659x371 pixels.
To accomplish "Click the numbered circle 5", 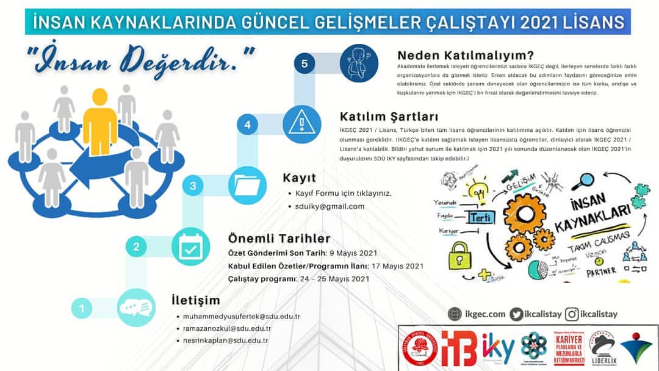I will (x=304, y=63).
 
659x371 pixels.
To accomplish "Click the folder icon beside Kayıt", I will (x=247, y=185).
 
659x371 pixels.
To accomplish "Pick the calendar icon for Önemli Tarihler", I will (x=191, y=246).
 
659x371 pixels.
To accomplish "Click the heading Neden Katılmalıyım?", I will (x=465, y=54).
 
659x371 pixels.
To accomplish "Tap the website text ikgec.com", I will (x=485, y=314).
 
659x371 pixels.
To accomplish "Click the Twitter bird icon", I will (x=517, y=314).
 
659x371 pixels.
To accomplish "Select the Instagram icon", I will (x=572, y=314).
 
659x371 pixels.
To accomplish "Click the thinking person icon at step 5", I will (x=358, y=62).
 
